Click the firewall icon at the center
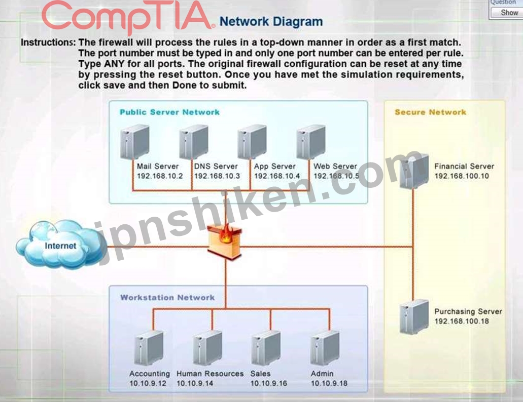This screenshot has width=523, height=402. point(225,242)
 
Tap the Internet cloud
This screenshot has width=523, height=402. point(61,244)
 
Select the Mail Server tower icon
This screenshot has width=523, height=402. point(135,142)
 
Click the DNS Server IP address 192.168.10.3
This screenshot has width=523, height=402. point(217,176)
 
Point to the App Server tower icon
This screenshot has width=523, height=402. point(252,142)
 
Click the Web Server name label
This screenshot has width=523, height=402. point(335,166)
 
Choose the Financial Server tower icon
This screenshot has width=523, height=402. point(414,171)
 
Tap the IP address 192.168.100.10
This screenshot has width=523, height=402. point(462,176)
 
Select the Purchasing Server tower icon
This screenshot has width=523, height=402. point(414,316)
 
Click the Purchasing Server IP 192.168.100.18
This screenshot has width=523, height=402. point(462,321)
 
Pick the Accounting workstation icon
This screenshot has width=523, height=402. point(149,348)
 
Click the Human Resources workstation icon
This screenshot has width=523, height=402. point(207,348)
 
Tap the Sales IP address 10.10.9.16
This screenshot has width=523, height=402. point(268,383)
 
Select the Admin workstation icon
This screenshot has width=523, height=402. point(325,348)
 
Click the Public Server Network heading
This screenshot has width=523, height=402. point(169,112)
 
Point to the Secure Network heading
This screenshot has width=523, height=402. point(430,112)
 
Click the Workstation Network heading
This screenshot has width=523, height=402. point(167,298)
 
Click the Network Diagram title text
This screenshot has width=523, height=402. point(271,22)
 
